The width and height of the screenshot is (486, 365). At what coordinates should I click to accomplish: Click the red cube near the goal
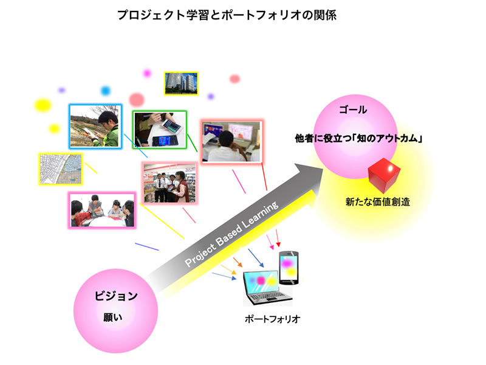pyautogui.click(x=384, y=175)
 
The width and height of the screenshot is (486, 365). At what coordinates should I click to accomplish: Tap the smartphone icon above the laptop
pyautogui.click(x=289, y=268)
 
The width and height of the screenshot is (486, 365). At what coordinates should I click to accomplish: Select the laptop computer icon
pyautogui.click(x=267, y=288)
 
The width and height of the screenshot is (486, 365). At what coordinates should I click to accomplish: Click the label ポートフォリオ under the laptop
pyautogui.click(x=272, y=319)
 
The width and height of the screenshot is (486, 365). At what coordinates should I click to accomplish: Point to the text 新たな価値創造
pyautogui.click(x=377, y=202)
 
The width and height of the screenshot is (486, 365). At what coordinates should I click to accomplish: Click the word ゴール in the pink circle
pyautogui.click(x=353, y=109)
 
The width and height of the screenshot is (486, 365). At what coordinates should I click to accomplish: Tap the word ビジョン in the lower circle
pyautogui.click(x=116, y=296)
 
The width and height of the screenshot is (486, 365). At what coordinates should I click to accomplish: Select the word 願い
pyautogui.click(x=113, y=317)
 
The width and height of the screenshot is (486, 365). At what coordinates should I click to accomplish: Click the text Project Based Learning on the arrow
pyautogui.click(x=231, y=234)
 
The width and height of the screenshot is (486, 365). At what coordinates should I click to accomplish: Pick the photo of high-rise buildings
pyautogui.click(x=181, y=83)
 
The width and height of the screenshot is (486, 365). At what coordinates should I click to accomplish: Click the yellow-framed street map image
pyautogui.click(x=61, y=169)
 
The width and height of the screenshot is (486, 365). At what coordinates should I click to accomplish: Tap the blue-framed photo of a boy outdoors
pyautogui.click(x=95, y=127)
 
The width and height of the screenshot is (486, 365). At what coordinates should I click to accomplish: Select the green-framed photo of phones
pyautogui.click(x=160, y=129)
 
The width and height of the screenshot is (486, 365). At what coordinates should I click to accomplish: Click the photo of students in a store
pyautogui.click(x=170, y=183)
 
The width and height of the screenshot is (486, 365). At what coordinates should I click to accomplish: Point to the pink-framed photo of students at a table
pyautogui.click(x=102, y=210)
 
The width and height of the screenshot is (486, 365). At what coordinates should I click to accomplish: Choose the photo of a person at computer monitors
pyautogui.click(x=231, y=141)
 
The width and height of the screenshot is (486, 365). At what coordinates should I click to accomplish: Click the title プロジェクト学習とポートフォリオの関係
pyautogui.click(x=227, y=15)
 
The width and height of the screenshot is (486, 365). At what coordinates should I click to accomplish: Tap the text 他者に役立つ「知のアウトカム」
pyautogui.click(x=358, y=139)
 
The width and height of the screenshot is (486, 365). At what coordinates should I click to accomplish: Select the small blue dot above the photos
pyautogui.click(x=106, y=91)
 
